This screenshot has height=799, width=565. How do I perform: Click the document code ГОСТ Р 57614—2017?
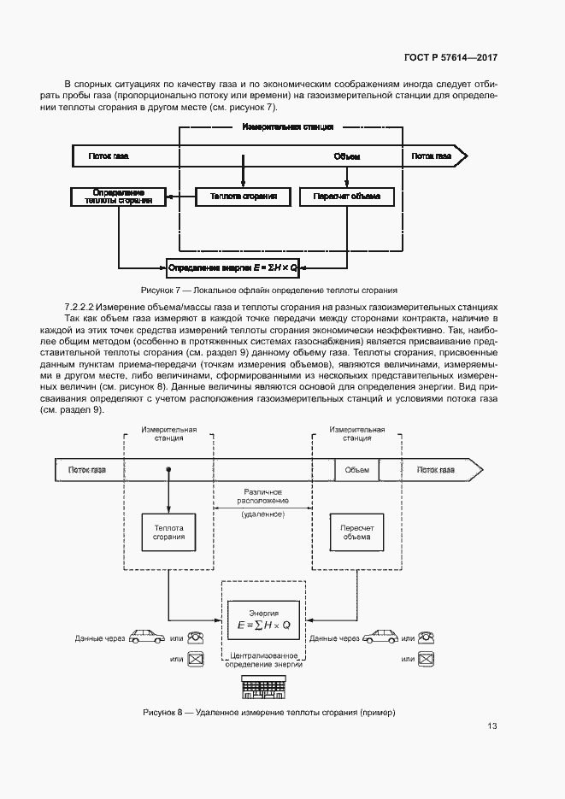pyautogui.click(x=450, y=57)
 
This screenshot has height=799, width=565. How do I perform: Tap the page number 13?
pyautogui.click(x=492, y=726)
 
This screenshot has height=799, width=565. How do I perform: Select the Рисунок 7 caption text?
pyautogui.click(x=268, y=291)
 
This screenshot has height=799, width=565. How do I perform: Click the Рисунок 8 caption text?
pyautogui.click(x=269, y=713)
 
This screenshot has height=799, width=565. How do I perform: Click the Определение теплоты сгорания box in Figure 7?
pyautogui.click(x=119, y=197)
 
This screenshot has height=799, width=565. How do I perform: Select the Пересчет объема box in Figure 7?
pyautogui.click(x=347, y=197)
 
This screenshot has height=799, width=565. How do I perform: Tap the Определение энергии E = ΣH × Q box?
pyautogui.click(x=232, y=267)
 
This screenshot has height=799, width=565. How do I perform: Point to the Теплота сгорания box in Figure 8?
pyautogui.click(x=168, y=532)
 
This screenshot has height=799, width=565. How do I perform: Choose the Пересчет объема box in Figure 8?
pyautogui.click(x=356, y=532)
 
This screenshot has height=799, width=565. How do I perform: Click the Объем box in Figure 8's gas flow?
pyautogui.click(x=356, y=470)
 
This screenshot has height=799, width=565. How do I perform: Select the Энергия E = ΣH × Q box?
pyautogui.click(x=264, y=620)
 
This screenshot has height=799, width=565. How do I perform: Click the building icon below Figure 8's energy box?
pyautogui.click(x=264, y=687)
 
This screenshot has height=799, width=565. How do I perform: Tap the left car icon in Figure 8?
pyautogui.click(x=147, y=637)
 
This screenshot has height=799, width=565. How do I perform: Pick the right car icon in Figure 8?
pyautogui.click(x=380, y=637)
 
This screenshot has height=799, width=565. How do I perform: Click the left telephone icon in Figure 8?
pyautogui.click(x=196, y=637)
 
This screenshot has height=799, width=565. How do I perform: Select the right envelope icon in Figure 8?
pyautogui.click(x=426, y=660)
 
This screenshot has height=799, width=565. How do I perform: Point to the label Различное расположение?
pyautogui.click(x=263, y=496)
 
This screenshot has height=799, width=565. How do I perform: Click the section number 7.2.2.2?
pyautogui.click(x=79, y=308)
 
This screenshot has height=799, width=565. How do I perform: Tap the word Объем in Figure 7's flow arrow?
pyautogui.click(x=347, y=156)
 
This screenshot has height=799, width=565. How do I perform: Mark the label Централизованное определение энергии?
pyautogui.click(x=264, y=660)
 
